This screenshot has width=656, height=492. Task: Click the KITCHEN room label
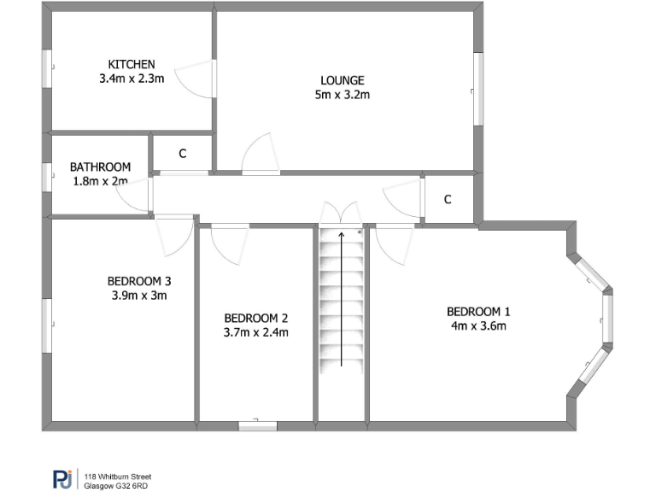132,64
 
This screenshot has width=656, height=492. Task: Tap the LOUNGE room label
342,81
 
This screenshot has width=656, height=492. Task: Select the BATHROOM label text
100,167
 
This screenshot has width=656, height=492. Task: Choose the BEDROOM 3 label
139,281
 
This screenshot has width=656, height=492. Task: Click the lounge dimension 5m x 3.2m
342,96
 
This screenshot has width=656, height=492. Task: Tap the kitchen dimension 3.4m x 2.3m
132,78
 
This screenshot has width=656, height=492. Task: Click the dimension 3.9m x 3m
139,296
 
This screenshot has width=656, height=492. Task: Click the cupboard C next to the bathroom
182,154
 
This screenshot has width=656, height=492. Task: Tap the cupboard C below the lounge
448,200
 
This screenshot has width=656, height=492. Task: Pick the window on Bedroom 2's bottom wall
257,424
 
